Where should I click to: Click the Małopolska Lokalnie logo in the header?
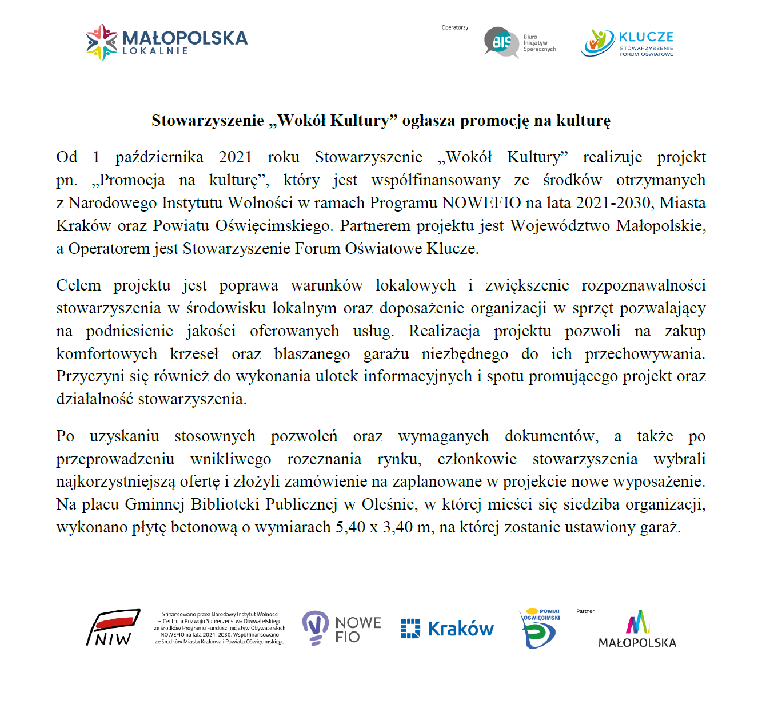coord(166,42)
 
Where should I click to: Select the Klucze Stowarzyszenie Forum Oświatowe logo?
coord(627,43)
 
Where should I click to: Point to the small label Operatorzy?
coord(455,27)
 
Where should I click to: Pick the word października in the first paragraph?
coord(159,157)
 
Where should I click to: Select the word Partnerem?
coord(376,226)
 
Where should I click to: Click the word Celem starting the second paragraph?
coord(78,285)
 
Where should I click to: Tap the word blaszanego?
coord(312,354)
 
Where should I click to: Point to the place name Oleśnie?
coord(386,504)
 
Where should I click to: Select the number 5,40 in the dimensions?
coord(350,527)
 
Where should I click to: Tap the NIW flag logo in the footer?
coord(113,627)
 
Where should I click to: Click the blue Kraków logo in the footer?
coord(447,629)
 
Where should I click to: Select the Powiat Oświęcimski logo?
coord(540,628)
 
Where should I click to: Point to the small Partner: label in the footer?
coord(585,611)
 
